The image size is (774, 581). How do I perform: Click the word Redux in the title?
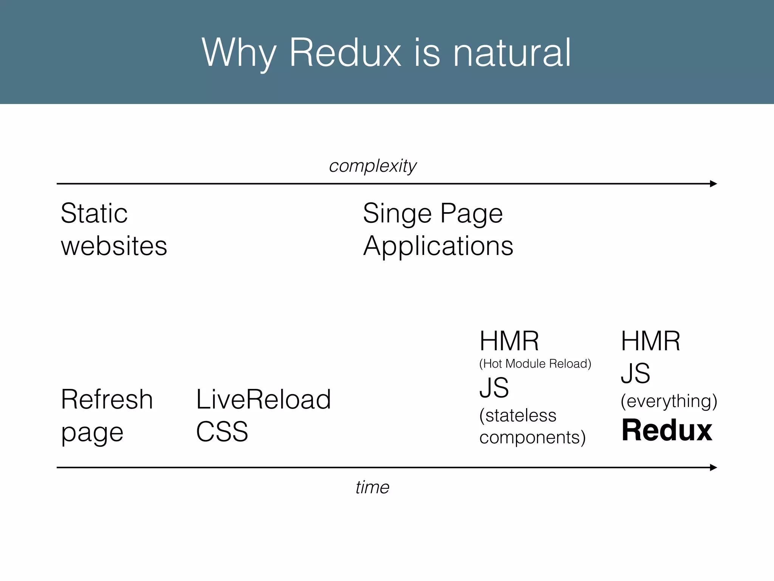coord(344,53)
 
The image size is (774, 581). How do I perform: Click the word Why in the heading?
coord(239,53)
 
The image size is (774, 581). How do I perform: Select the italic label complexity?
coord(373,166)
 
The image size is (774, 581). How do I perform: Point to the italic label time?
coord(372,487)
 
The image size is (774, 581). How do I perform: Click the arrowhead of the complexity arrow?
coord(713,184)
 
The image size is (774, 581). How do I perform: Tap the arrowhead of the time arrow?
coord(713,468)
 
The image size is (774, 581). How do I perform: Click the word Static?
coord(94,213)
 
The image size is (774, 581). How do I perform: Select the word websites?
coord(114,246)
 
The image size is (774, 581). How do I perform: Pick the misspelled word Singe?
coord(397,214)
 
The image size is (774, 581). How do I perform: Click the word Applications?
coord(438,247)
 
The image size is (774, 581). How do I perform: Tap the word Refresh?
coord(107,399)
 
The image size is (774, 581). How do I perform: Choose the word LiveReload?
coord(263,399)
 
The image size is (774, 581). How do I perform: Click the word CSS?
coord(222,432)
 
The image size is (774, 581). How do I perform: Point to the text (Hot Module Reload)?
coord(535,364)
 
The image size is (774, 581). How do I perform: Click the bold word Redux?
coord(667,430)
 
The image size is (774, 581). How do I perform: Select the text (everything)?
coord(669,401)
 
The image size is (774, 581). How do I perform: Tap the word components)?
coord(533,438)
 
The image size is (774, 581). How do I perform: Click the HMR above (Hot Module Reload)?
coord(509,341)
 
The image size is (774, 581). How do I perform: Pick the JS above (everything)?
coord(635,373)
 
